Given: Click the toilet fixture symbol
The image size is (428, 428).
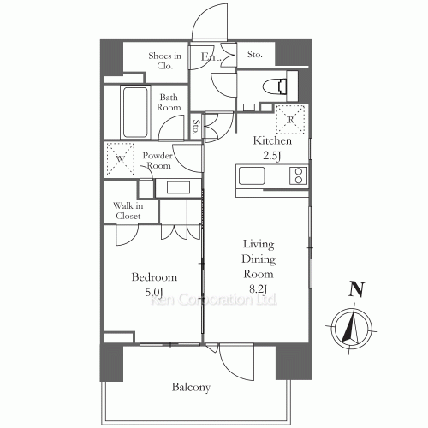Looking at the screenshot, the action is pos(275,86).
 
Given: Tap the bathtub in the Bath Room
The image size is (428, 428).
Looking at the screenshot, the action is pos(135,112).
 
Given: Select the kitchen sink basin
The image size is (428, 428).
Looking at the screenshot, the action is pos(252,176).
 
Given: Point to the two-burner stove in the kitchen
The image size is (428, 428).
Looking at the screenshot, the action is pos(299,175).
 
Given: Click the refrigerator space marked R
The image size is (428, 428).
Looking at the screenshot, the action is pos(290,120).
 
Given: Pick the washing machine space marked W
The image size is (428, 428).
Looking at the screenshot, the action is pos(121,159).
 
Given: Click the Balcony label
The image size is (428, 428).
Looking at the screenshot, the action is pos(191,387).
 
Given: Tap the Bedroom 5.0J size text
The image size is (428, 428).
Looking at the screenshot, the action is pos(154,292).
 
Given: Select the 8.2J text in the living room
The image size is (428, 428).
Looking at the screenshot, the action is pos(259,289).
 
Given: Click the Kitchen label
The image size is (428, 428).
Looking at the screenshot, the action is pos(272,140).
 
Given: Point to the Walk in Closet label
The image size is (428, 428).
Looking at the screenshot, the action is pos(128,211).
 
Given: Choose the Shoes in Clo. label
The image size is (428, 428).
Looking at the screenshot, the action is pos(164,61).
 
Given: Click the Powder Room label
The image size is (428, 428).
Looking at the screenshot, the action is pos(158,160).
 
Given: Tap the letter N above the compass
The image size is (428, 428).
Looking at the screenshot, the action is pos(357,289).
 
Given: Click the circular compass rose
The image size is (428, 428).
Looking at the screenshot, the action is pos(353,330).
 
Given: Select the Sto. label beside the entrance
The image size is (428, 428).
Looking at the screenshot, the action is pos(254,54).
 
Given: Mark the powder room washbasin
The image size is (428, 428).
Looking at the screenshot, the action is pos(179,187).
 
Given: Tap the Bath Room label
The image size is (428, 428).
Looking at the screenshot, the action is pos(169,102).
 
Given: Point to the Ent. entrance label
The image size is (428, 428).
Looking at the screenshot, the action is pos(211,57).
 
